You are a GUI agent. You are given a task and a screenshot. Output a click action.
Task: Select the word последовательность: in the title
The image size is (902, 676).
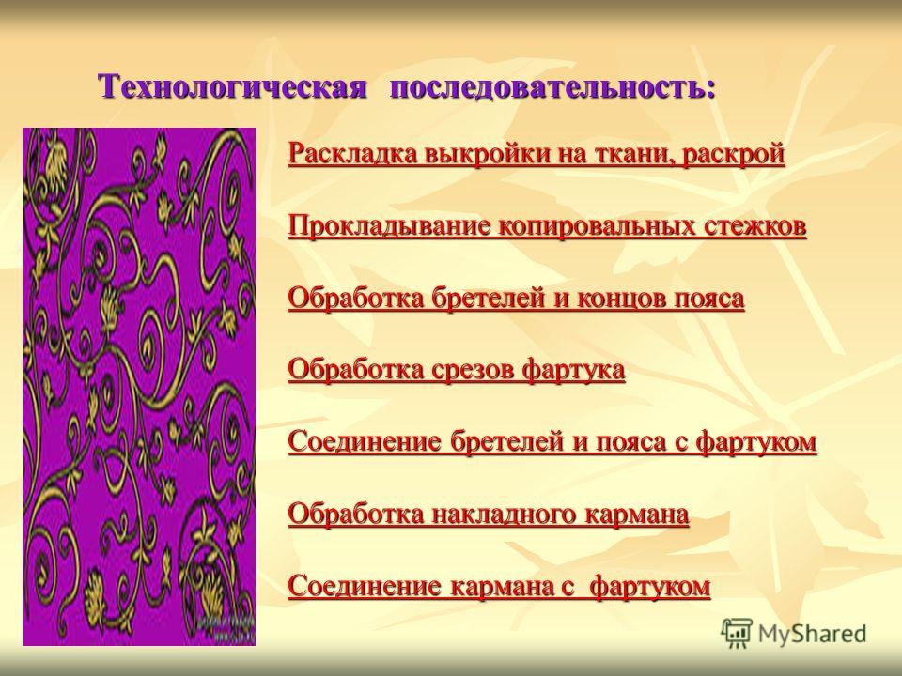(x=552, y=87)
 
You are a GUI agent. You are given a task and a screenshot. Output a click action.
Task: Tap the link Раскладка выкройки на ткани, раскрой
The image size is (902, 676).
(x=537, y=154)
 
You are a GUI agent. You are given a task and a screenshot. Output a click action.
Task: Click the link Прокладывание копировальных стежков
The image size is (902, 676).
(x=547, y=226)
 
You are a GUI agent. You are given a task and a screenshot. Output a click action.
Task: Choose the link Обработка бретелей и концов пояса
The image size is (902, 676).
(x=516, y=299)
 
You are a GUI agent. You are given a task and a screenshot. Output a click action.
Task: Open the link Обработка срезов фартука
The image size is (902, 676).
(x=457, y=370)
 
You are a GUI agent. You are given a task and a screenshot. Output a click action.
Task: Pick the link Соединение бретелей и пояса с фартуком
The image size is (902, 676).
(x=552, y=442)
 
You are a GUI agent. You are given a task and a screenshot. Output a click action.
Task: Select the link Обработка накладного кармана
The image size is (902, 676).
(x=489, y=515)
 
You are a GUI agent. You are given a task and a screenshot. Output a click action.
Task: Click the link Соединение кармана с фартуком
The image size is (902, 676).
(x=499, y=586)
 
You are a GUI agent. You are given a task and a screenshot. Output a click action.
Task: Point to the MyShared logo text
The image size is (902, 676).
(x=812, y=634)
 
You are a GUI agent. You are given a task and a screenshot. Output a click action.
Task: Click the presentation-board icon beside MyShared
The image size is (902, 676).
(x=737, y=633)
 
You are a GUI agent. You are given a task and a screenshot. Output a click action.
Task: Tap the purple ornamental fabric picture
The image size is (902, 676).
(x=139, y=386)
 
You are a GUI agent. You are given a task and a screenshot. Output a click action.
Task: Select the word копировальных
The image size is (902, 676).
(x=597, y=227)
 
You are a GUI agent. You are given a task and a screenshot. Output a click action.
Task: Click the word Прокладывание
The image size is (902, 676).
(x=389, y=227)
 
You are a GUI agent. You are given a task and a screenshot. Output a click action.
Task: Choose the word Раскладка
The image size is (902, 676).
(x=352, y=155)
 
